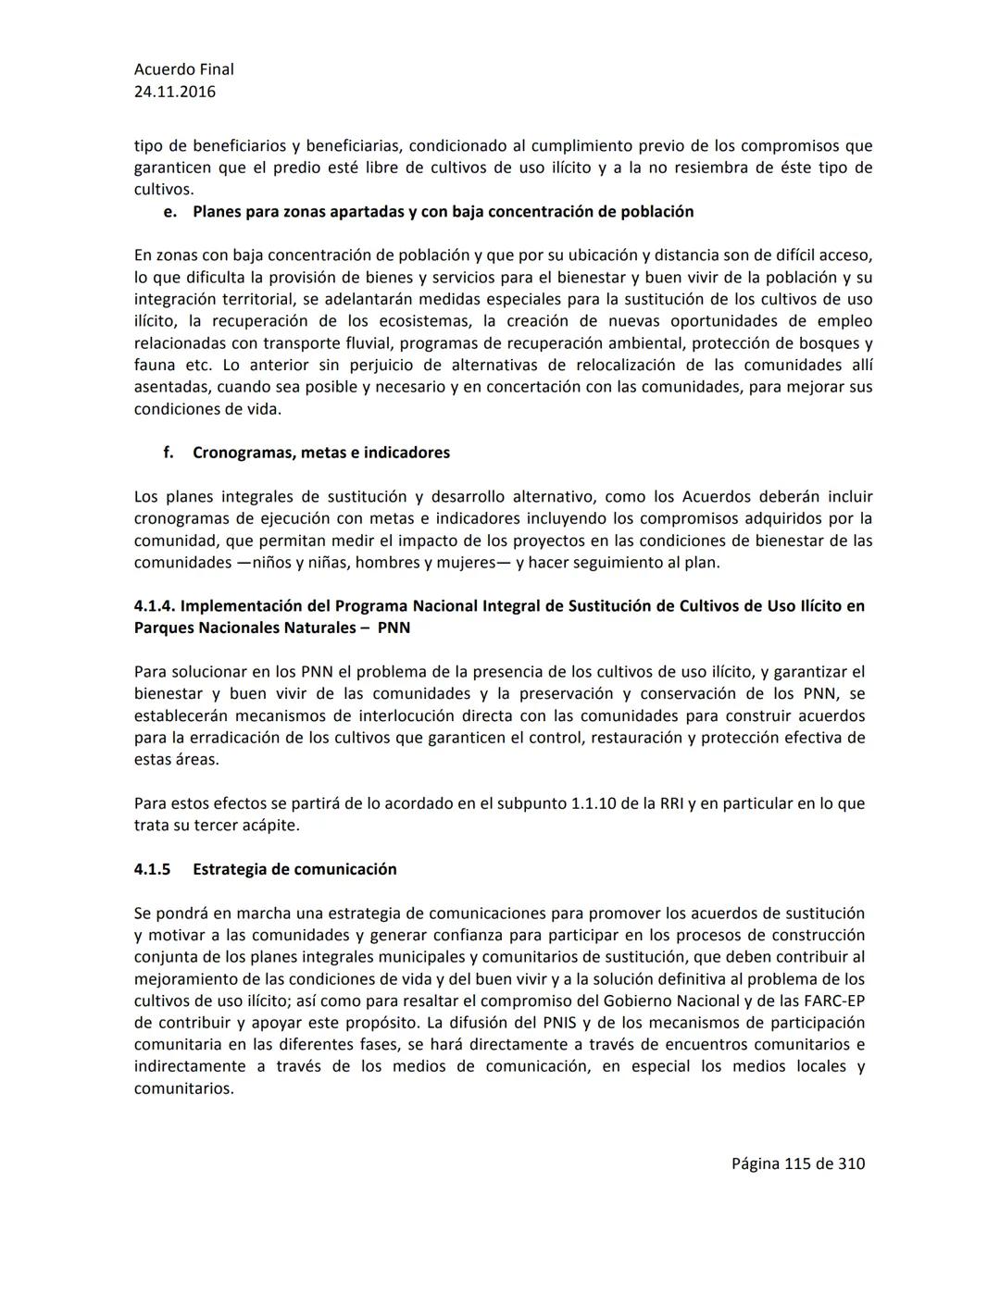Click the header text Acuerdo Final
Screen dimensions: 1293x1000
(183, 69)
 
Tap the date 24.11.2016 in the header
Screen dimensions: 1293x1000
(175, 92)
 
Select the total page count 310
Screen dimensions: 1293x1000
(851, 1163)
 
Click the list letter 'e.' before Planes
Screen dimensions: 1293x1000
(169, 212)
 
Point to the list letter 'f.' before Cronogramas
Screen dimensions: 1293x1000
(169, 453)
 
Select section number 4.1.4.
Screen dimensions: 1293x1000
(155, 606)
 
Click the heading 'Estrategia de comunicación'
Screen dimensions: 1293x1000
(294, 869)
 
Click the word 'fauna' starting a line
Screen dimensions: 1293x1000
(155, 366)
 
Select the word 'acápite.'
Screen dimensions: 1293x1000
(270, 826)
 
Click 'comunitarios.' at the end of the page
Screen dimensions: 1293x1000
(183, 1088)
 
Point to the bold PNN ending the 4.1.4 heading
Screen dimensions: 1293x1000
(394, 628)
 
